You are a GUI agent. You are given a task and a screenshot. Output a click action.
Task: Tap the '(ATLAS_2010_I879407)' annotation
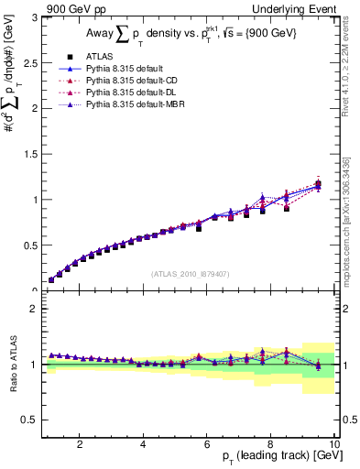click(190, 273)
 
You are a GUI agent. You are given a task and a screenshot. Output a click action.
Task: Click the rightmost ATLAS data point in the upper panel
click(318, 184)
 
